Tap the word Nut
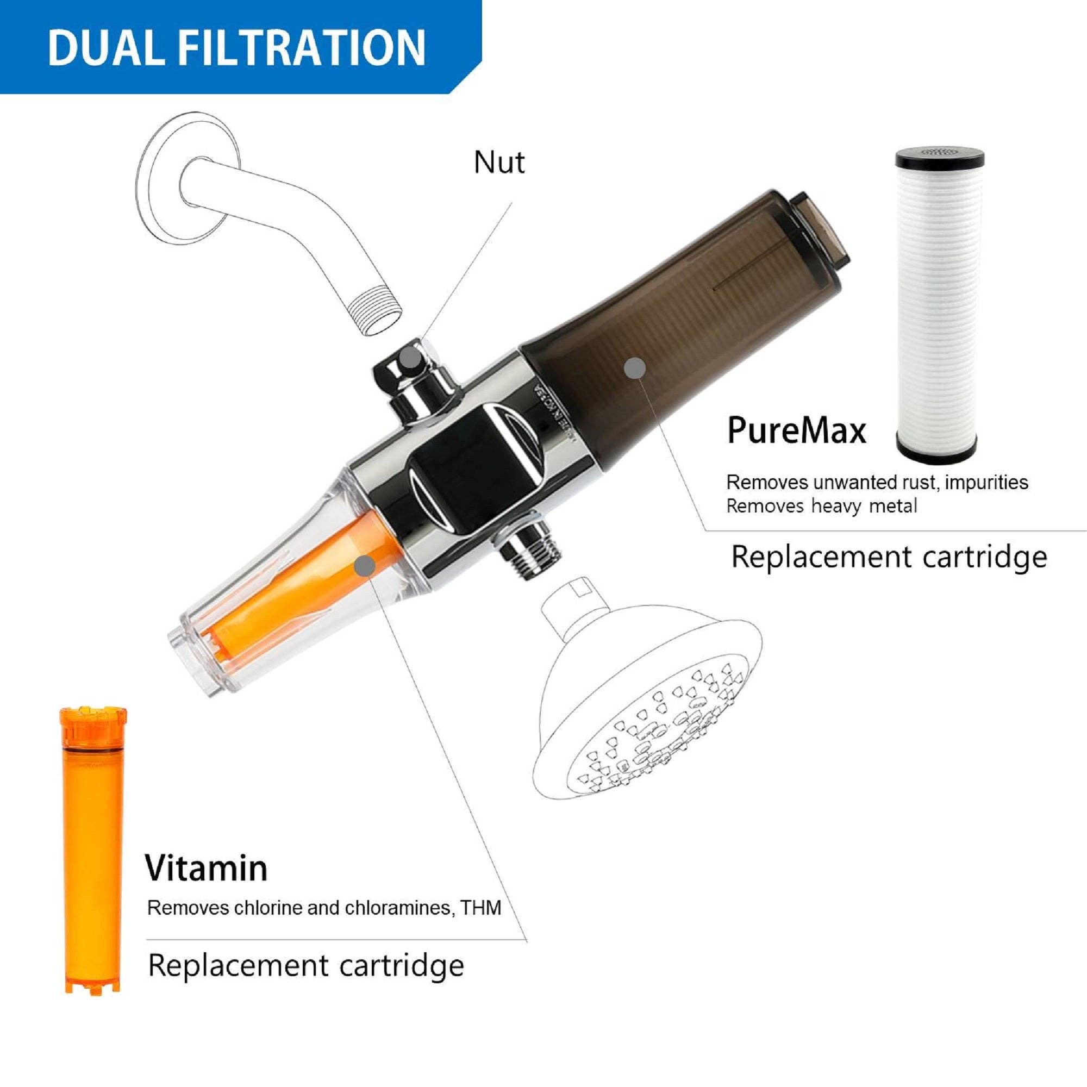499,163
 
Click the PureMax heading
796,430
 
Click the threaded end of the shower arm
373,313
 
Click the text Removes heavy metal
821,507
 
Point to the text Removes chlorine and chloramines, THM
323,908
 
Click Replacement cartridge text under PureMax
889,558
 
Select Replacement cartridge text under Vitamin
305,965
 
